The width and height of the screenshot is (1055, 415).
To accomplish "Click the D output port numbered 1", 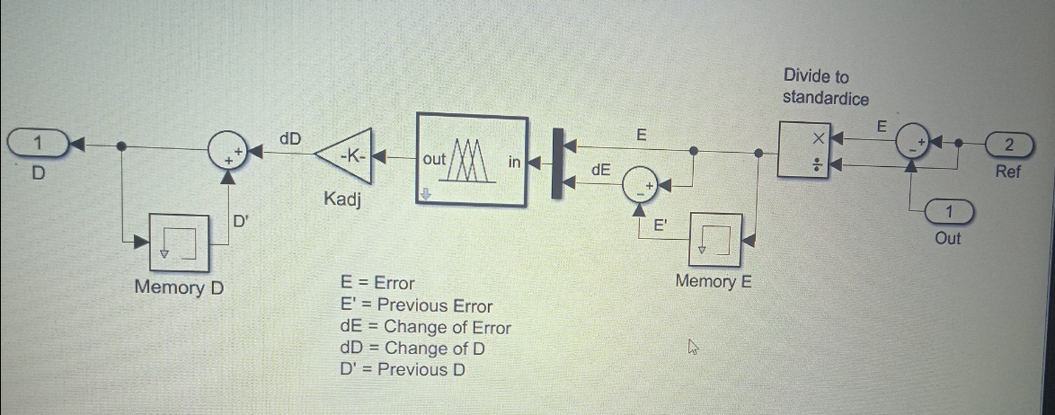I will tap(37, 142).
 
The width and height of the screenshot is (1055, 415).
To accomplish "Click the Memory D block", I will tap(180, 243).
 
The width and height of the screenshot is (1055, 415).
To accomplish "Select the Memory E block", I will tap(716, 240).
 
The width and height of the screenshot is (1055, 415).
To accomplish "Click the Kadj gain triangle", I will tap(344, 155).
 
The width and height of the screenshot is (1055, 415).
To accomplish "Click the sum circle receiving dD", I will tap(227, 154).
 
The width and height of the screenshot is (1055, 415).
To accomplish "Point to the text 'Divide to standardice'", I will tap(825, 87).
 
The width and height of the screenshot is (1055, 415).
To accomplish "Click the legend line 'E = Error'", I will tap(377, 283).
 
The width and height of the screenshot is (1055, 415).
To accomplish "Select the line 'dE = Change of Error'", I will tap(425, 327).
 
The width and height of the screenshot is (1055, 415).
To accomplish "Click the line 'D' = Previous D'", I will tap(402, 369).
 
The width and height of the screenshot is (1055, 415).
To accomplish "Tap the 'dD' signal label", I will tap(290, 138).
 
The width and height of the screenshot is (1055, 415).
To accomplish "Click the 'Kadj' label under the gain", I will tap(341, 199).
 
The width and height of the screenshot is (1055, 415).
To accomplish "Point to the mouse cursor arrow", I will tap(692, 347).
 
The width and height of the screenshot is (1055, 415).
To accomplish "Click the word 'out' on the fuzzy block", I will tap(434, 158).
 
